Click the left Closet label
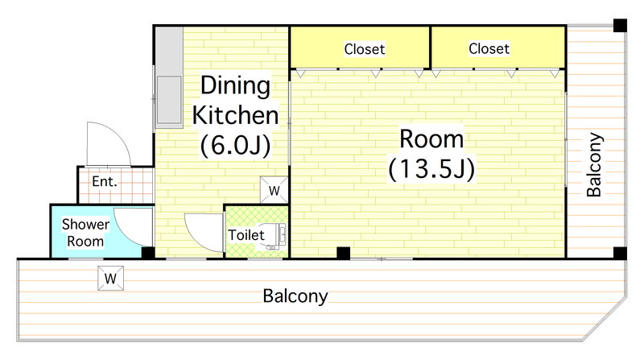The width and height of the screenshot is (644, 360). (x=365, y=49)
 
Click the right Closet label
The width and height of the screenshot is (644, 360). (x=489, y=49)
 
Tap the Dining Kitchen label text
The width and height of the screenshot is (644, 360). (x=235, y=100)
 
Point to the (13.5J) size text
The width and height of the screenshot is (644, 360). (x=431, y=168)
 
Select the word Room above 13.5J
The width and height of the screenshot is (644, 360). (x=431, y=139)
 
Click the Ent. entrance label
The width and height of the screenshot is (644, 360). (x=105, y=181)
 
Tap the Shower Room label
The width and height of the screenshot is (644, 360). (x=85, y=233)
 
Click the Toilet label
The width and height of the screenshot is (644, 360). (x=246, y=235)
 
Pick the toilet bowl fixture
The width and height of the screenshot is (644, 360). (x=272, y=236)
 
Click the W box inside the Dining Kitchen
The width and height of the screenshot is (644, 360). (x=274, y=190)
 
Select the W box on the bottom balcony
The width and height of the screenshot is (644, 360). (x=110, y=279)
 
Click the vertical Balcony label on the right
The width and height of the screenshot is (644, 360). (x=594, y=164)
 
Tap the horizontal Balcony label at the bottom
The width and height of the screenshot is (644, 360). (x=295, y=296)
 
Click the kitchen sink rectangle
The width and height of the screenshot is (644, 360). (x=169, y=100)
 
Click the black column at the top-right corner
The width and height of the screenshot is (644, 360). (x=620, y=26)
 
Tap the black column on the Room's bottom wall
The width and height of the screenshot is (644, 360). (x=344, y=253)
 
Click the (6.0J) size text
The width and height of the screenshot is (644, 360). (x=235, y=146)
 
